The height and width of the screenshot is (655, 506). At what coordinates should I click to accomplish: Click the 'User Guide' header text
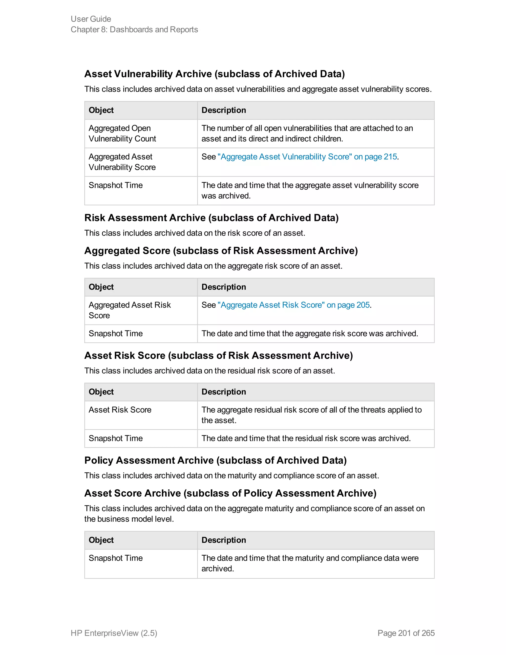[x=91, y=19]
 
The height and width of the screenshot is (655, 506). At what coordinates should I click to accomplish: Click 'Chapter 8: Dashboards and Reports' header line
[x=134, y=29]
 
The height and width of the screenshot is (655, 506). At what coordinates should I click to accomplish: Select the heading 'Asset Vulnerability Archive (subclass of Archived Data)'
[x=214, y=74]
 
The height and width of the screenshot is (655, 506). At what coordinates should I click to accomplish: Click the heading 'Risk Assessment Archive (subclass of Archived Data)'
[x=211, y=218]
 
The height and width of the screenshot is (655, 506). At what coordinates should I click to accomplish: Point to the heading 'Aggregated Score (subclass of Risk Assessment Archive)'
[x=221, y=251]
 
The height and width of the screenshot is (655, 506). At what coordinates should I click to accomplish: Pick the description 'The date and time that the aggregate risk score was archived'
[x=310, y=333]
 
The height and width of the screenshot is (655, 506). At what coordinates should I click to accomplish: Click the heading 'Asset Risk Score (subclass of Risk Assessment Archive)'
[x=218, y=355]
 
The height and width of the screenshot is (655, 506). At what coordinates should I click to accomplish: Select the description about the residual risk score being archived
[x=306, y=438]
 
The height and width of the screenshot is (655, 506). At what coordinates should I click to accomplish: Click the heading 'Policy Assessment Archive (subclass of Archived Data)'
[x=215, y=460]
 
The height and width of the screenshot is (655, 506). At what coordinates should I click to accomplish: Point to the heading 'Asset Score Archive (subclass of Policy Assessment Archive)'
[x=230, y=493]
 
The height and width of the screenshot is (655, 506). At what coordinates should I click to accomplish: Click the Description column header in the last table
[x=224, y=540]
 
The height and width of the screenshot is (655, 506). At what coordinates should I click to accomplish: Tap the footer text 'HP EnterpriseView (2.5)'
[x=114, y=633]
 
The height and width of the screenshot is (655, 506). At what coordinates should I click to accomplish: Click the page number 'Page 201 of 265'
[x=406, y=633]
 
